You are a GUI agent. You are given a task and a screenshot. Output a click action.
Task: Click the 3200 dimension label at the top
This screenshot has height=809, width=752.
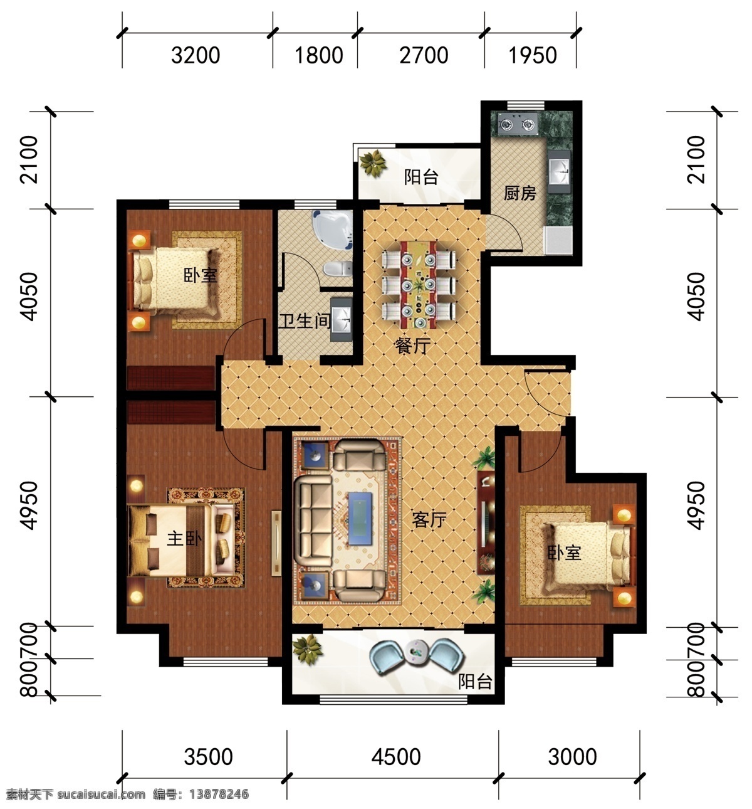[196, 55]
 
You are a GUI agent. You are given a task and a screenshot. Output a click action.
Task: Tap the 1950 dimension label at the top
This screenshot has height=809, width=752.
[533, 55]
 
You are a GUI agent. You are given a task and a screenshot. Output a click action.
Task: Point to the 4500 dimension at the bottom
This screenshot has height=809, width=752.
[396, 757]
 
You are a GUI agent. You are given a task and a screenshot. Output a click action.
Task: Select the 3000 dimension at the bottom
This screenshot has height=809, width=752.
[572, 757]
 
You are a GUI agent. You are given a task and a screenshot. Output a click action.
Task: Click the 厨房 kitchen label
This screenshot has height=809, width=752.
[520, 193]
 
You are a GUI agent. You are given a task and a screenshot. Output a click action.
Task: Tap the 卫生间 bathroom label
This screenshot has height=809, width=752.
[305, 321]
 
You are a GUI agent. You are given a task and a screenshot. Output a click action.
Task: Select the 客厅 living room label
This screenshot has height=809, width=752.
[429, 520]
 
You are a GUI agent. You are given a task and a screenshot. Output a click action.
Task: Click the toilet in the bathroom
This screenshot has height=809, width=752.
[338, 269]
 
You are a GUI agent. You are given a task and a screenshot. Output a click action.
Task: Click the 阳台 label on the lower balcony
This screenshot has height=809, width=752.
[475, 681]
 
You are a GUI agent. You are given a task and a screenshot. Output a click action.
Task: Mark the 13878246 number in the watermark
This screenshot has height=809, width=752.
[219, 794]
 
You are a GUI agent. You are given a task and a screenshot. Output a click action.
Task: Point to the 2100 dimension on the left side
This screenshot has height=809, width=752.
[29, 160]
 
